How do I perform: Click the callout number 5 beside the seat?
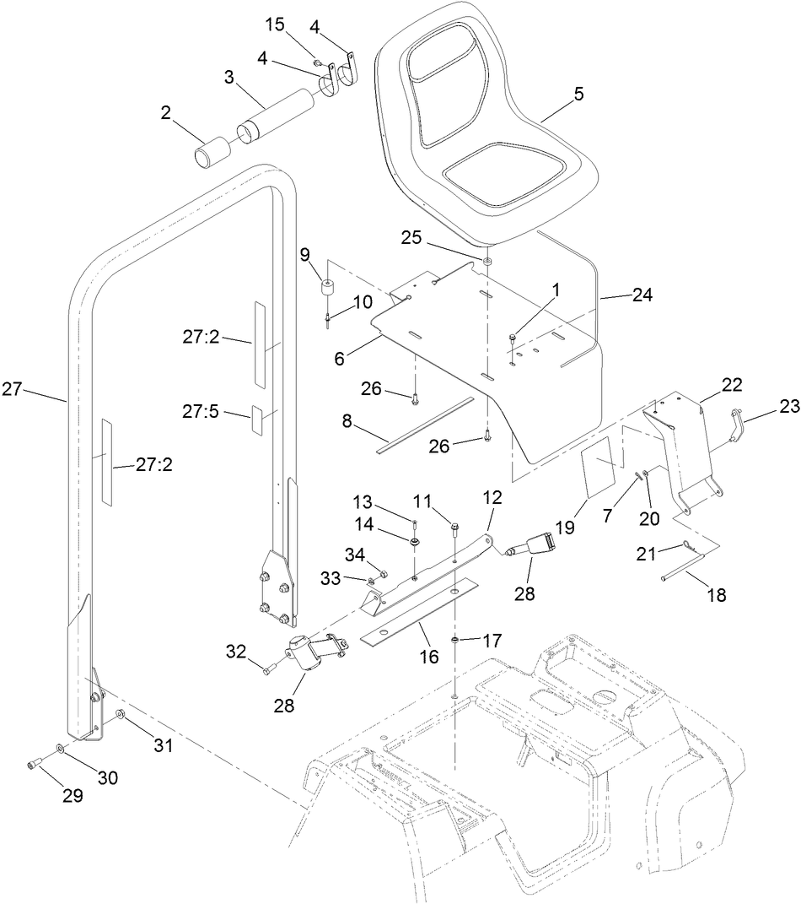(x=578, y=94)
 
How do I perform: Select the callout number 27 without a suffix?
(x=13, y=389)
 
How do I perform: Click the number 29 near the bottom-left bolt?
(x=73, y=795)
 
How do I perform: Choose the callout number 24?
(x=642, y=295)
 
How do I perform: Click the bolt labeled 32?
(x=268, y=670)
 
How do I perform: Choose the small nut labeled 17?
(x=454, y=640)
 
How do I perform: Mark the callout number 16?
(x=429, y=655)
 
